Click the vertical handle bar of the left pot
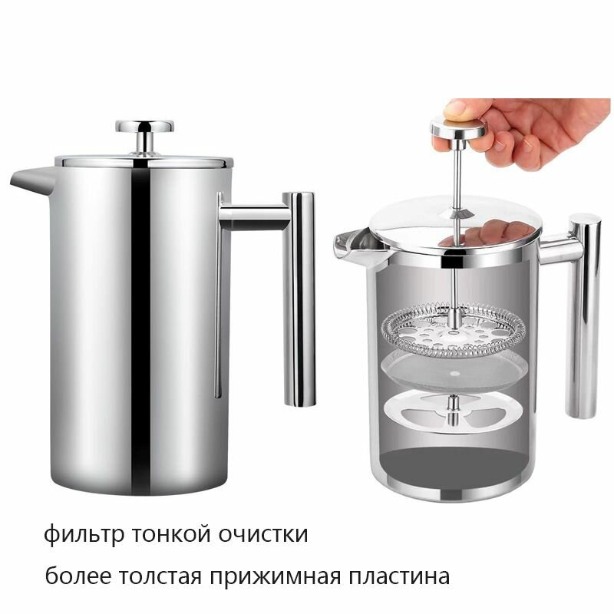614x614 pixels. pyautogui.click(x=299, y=299)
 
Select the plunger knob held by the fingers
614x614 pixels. pyautogui.click(x=457, y=130)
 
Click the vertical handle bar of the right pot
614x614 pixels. pyautogui.click(x=583, y=315)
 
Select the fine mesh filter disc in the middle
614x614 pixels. pyautogui.click(x=454, y=372)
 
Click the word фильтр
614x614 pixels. pyautogui.click(x=84, y=534)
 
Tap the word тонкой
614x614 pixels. pyautogui.click(x=170, y=533)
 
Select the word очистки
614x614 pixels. pyautogui.click(x=262, y=533)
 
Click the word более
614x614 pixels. pyautogui.click(x=78, y=575)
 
